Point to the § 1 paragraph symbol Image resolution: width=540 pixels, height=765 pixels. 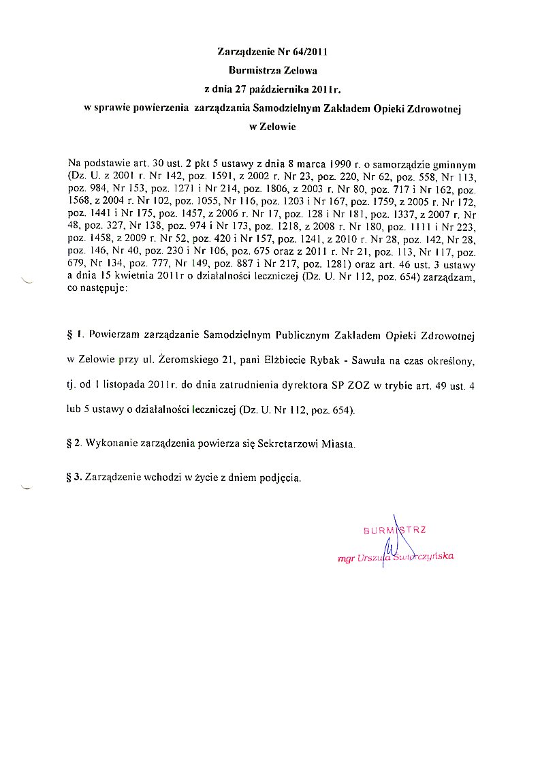pos(75,335)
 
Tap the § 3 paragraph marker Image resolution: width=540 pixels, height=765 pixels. pos(75,478)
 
